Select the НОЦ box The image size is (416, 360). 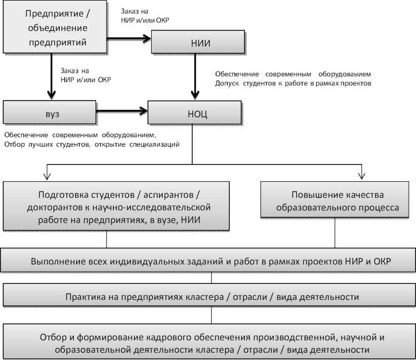(197, 114)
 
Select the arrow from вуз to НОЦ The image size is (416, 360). (122, 112)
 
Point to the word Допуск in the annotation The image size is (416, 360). (227, 83)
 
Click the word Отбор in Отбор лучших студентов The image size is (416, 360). (14, 144)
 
